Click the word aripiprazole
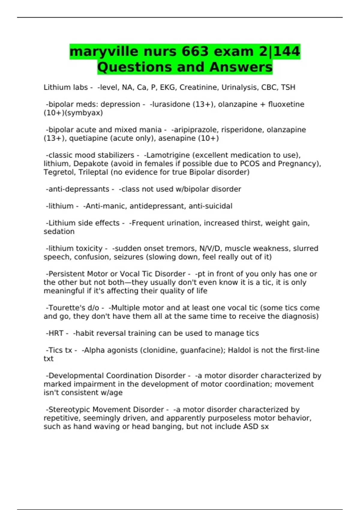tap(195, 130)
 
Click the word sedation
tap(59, 232)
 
